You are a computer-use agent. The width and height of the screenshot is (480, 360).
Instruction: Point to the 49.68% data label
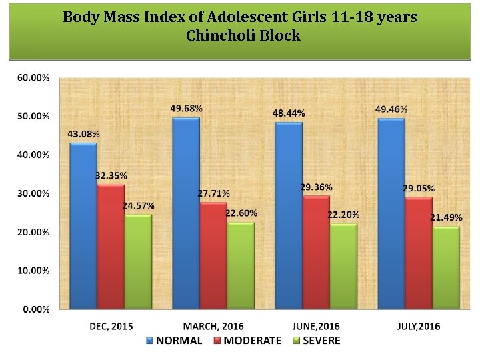(x=187, y=108)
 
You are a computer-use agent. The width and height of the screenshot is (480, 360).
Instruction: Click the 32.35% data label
(x=111, y=175)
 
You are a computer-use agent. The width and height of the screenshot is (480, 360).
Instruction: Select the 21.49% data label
(x=446, y=218)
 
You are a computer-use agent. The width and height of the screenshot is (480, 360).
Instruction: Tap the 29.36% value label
(x=316, y=187)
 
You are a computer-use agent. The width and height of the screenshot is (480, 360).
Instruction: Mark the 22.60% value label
(x=241, y=213)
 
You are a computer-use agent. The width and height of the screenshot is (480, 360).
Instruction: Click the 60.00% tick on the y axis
(x=33, y=77)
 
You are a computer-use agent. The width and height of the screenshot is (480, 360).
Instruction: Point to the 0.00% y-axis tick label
(x=35, y=309)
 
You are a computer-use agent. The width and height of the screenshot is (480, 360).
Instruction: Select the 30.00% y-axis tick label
(x=33, y=193)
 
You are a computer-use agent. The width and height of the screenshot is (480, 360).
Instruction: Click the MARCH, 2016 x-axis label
(x=213, y=326)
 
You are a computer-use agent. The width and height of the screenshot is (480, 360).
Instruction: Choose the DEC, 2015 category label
(x=111, y=326)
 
